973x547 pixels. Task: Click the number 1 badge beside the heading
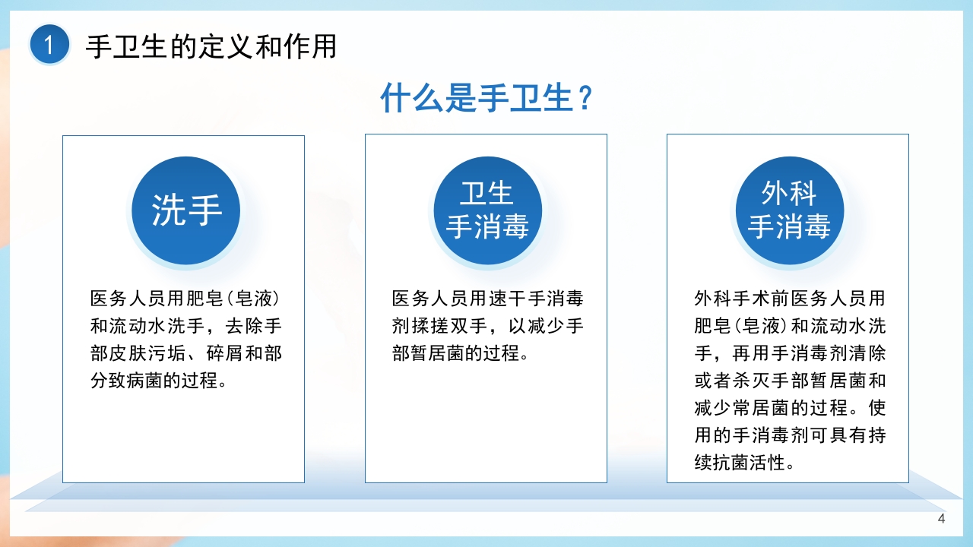[49, 46]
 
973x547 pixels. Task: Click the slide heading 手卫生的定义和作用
[211, 46]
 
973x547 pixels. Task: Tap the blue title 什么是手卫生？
[486, 99]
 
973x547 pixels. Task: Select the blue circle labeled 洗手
[186, 210]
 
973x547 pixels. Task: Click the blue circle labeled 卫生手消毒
[487, 210]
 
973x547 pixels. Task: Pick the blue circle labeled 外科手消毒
[789, 210]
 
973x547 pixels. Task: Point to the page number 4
[942, 519]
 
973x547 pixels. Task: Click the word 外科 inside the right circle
[789, 194]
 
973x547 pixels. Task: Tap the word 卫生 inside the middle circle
[487, 194]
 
